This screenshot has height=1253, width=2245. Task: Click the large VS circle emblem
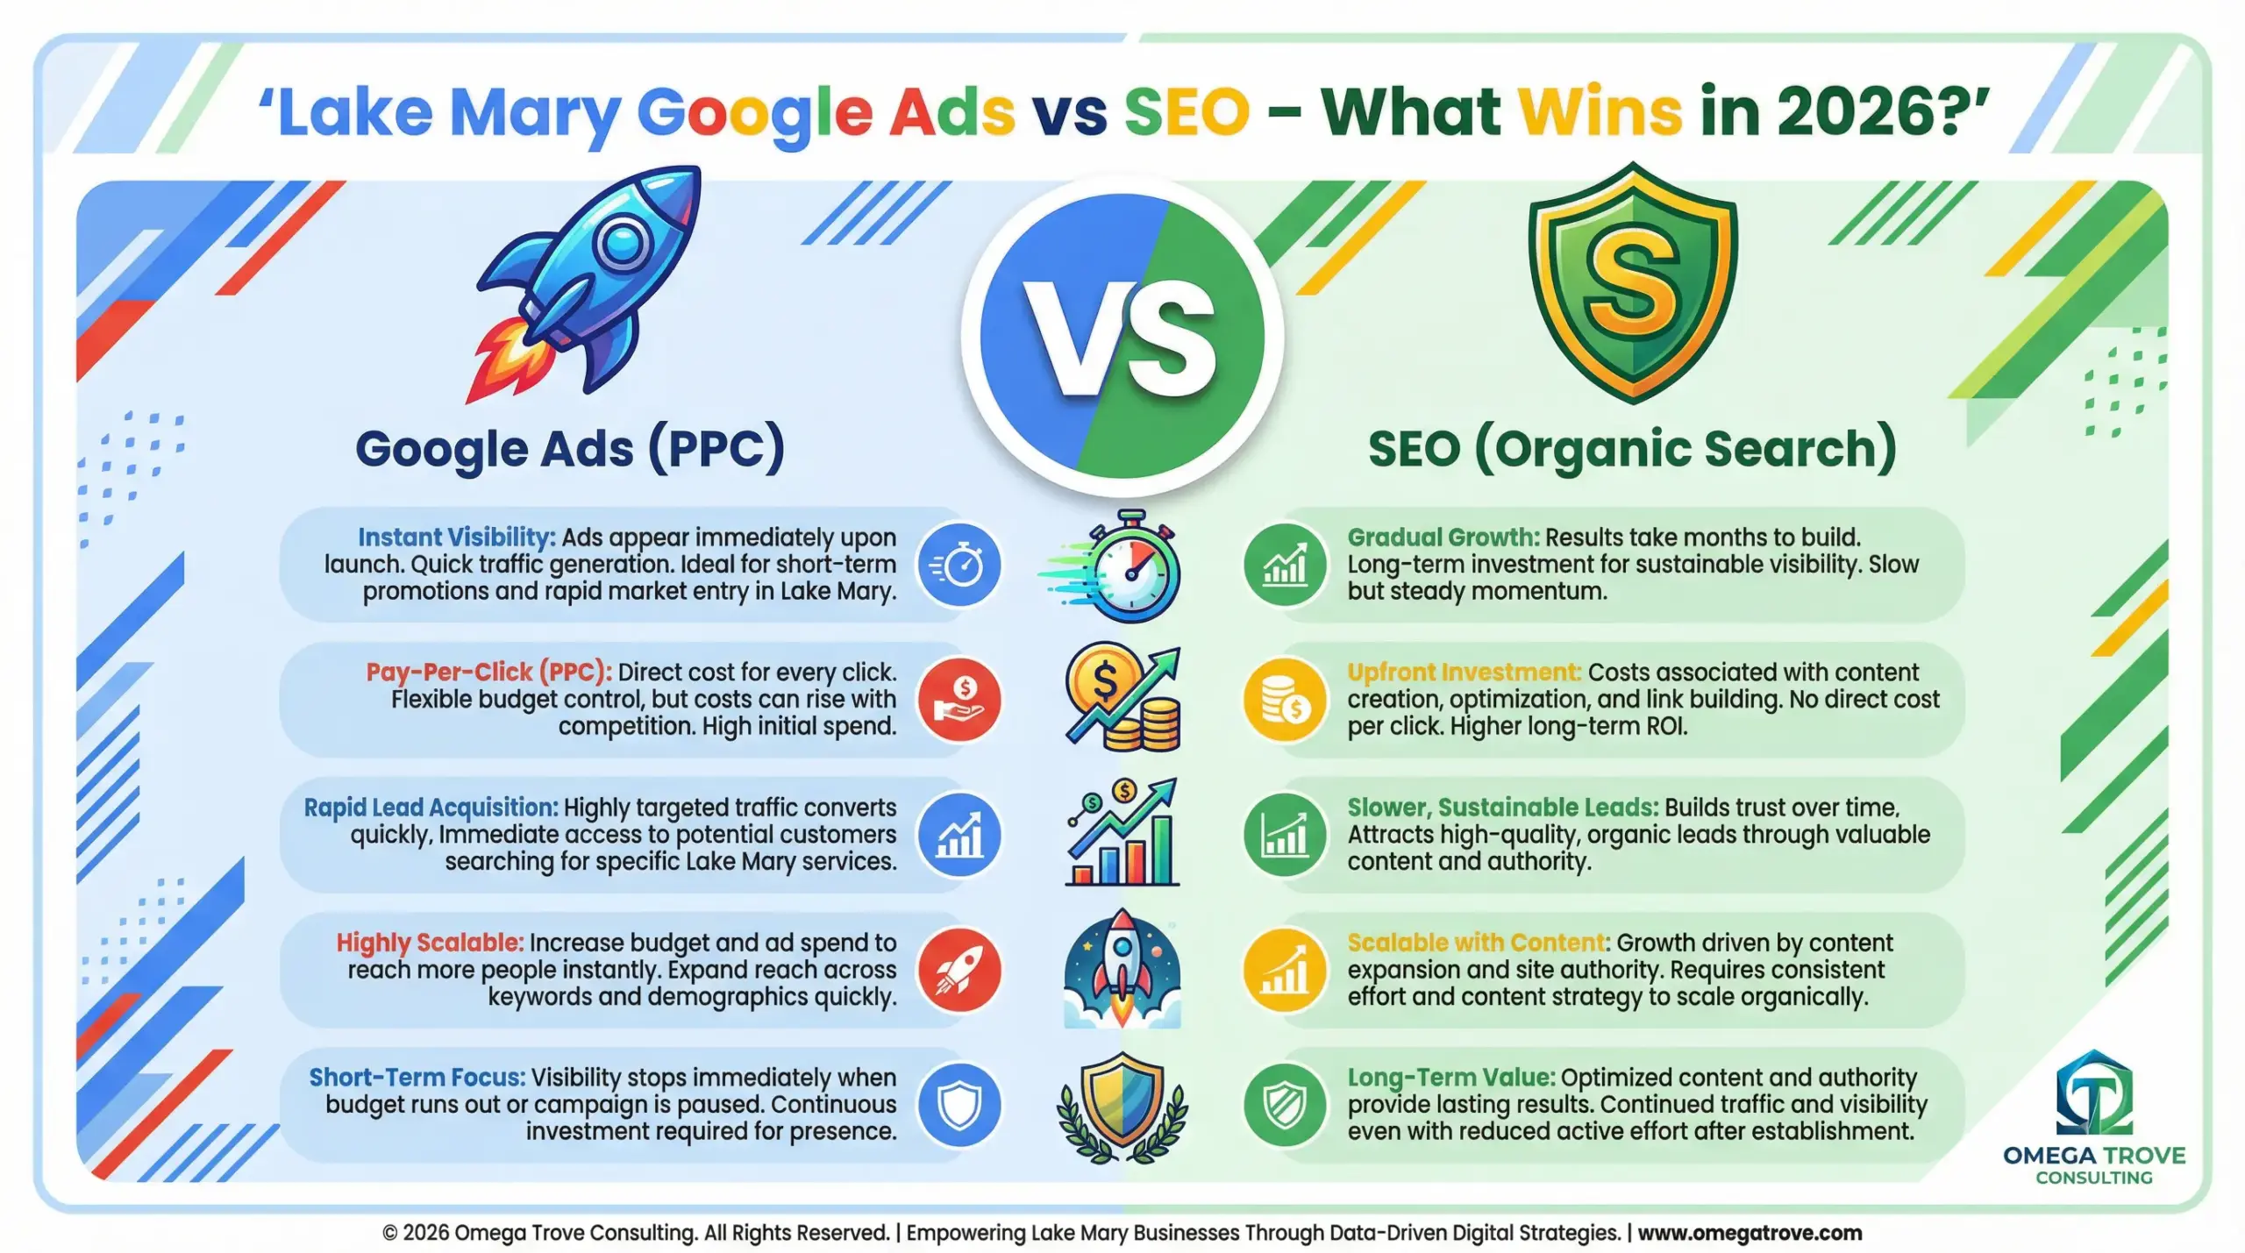pos(1122,337)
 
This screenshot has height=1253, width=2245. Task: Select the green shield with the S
pos(1632,282)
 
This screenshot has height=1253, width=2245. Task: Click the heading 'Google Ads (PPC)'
pos(570,449)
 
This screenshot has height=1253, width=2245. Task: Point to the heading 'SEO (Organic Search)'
pos(1632,449)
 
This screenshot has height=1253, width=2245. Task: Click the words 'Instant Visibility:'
pos(456,537)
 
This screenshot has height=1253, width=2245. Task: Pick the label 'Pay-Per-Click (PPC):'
pos(488,672)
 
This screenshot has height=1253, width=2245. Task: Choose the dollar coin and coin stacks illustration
pos(1123,698)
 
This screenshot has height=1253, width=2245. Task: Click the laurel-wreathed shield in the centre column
pos(1122,1107)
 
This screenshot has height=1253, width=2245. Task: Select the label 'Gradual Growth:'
pos(1443,537)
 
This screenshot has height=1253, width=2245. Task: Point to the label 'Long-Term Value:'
pos(1451,1077)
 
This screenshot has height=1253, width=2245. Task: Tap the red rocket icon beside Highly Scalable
pos(959,970)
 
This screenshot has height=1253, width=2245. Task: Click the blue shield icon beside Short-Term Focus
pos(959,1105)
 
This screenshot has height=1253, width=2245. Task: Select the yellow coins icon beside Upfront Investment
pos(1286,700)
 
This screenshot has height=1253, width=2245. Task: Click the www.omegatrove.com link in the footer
pos(1750,1232)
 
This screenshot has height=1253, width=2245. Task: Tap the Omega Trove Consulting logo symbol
pos(2094,1093)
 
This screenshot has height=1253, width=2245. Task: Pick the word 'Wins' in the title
pos(1600,112)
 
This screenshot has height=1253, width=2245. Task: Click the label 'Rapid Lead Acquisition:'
pos(431,807)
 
